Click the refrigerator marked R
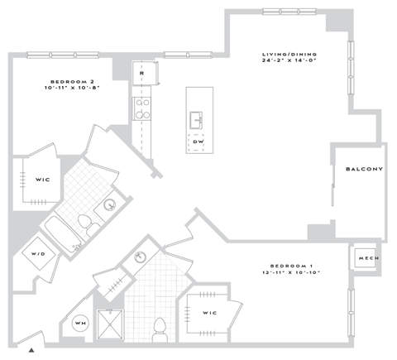[x=142, y=74]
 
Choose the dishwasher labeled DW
[x=198, y=142]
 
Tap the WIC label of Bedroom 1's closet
[x=209, y=312]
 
